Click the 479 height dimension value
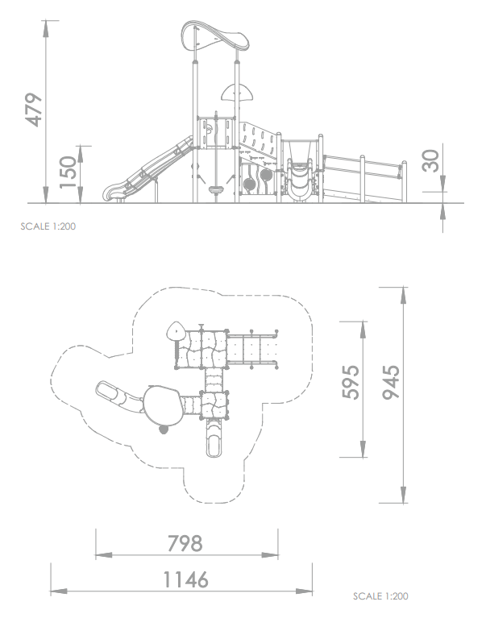click(x=33, y=110)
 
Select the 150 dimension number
click(x=68, y=172)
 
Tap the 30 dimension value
click(x=430, y=160)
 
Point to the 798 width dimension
click(x=185, y=543)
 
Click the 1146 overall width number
click(x=185, y=579)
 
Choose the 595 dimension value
click(x=351, y=382)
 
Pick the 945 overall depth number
click(x=391, y=382)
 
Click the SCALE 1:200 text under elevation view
click(x=48, y=226)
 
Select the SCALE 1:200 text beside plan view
click(x=380, y=595)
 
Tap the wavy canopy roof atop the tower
click(x=214, y=37)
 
